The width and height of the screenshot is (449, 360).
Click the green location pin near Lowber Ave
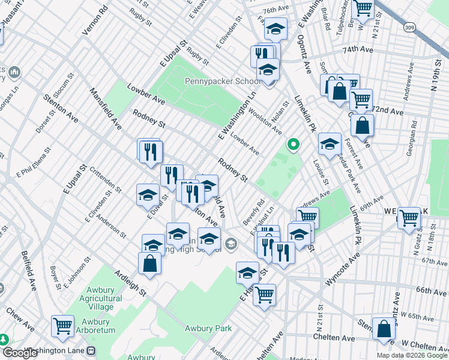pos(293,144)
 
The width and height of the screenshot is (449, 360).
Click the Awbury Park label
pos(208,328)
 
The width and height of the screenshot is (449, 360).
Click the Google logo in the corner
pos(20,353)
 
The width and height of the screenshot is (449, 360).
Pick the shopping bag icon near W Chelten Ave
pos(384,329)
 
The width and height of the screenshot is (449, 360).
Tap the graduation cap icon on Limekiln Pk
pos(330,143)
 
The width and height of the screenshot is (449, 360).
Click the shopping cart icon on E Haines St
pos(264,295)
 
